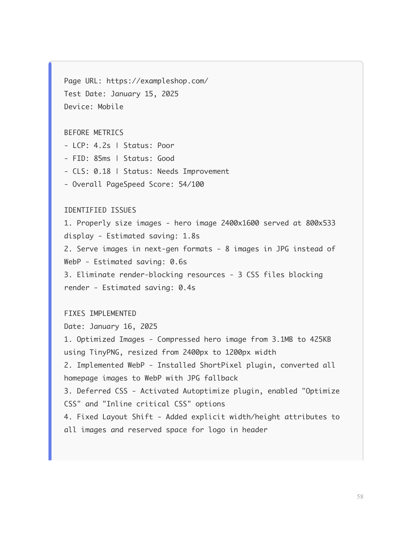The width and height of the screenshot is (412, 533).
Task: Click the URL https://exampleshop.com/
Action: pos(157,81)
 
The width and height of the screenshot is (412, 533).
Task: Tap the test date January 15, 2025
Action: pos(144,94)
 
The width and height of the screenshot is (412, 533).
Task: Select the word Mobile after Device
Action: pos(111,107)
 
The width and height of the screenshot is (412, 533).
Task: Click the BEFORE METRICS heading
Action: pos(94,132)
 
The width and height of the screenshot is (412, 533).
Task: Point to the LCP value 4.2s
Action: pos(102,145)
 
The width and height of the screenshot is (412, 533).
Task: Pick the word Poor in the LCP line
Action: pos(166,145)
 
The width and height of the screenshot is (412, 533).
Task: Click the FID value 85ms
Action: pos(102,158)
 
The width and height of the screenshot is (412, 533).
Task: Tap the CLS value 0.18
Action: pos(102,171)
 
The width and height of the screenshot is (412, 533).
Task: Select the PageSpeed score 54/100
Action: pos(191,184)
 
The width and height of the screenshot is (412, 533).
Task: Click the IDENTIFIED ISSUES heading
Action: pos(100,210)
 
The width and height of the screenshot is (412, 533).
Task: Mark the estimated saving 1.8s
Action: pos(191,236)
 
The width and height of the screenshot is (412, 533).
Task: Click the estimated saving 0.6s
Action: pos(179,262)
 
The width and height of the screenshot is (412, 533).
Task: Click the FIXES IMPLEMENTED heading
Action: pos(100,313)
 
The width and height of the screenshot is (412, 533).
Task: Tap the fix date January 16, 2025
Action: pos(123,326)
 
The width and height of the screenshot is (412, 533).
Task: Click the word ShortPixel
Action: pos(221,365)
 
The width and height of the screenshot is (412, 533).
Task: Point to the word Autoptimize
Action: pos(204,391)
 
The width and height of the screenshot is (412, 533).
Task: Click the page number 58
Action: pos(360,496)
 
